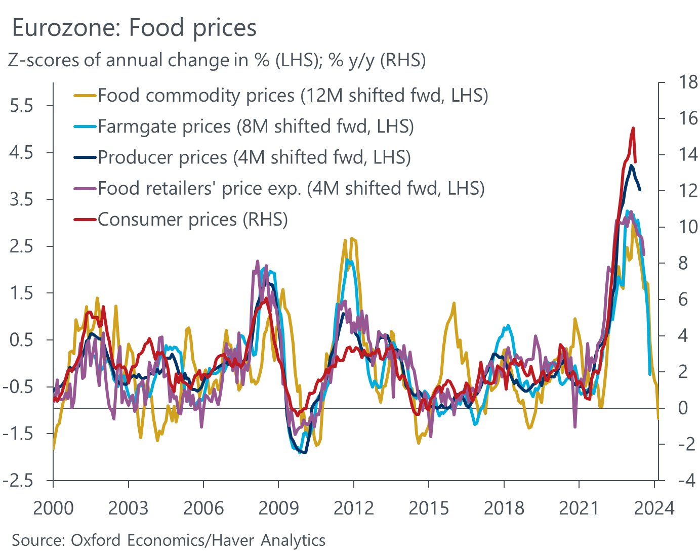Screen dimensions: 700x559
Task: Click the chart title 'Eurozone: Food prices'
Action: coord(134,29)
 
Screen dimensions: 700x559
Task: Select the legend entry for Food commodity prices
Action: coord(281,95)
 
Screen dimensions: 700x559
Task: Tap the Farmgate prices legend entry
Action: coord(243,126)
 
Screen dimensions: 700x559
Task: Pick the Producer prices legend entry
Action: coord(242,157)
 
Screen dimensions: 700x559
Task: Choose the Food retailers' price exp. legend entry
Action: coord(279,188)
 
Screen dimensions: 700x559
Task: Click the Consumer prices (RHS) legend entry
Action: coord(181,220)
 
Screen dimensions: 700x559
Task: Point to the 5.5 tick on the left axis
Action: coord(21,106)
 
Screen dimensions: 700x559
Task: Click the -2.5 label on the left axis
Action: coord(18,480)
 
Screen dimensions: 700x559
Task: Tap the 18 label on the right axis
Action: coord(687,82)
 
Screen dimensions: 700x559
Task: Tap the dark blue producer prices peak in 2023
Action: coord(631,165)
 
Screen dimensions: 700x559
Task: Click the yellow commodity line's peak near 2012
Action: coord(352,238)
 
